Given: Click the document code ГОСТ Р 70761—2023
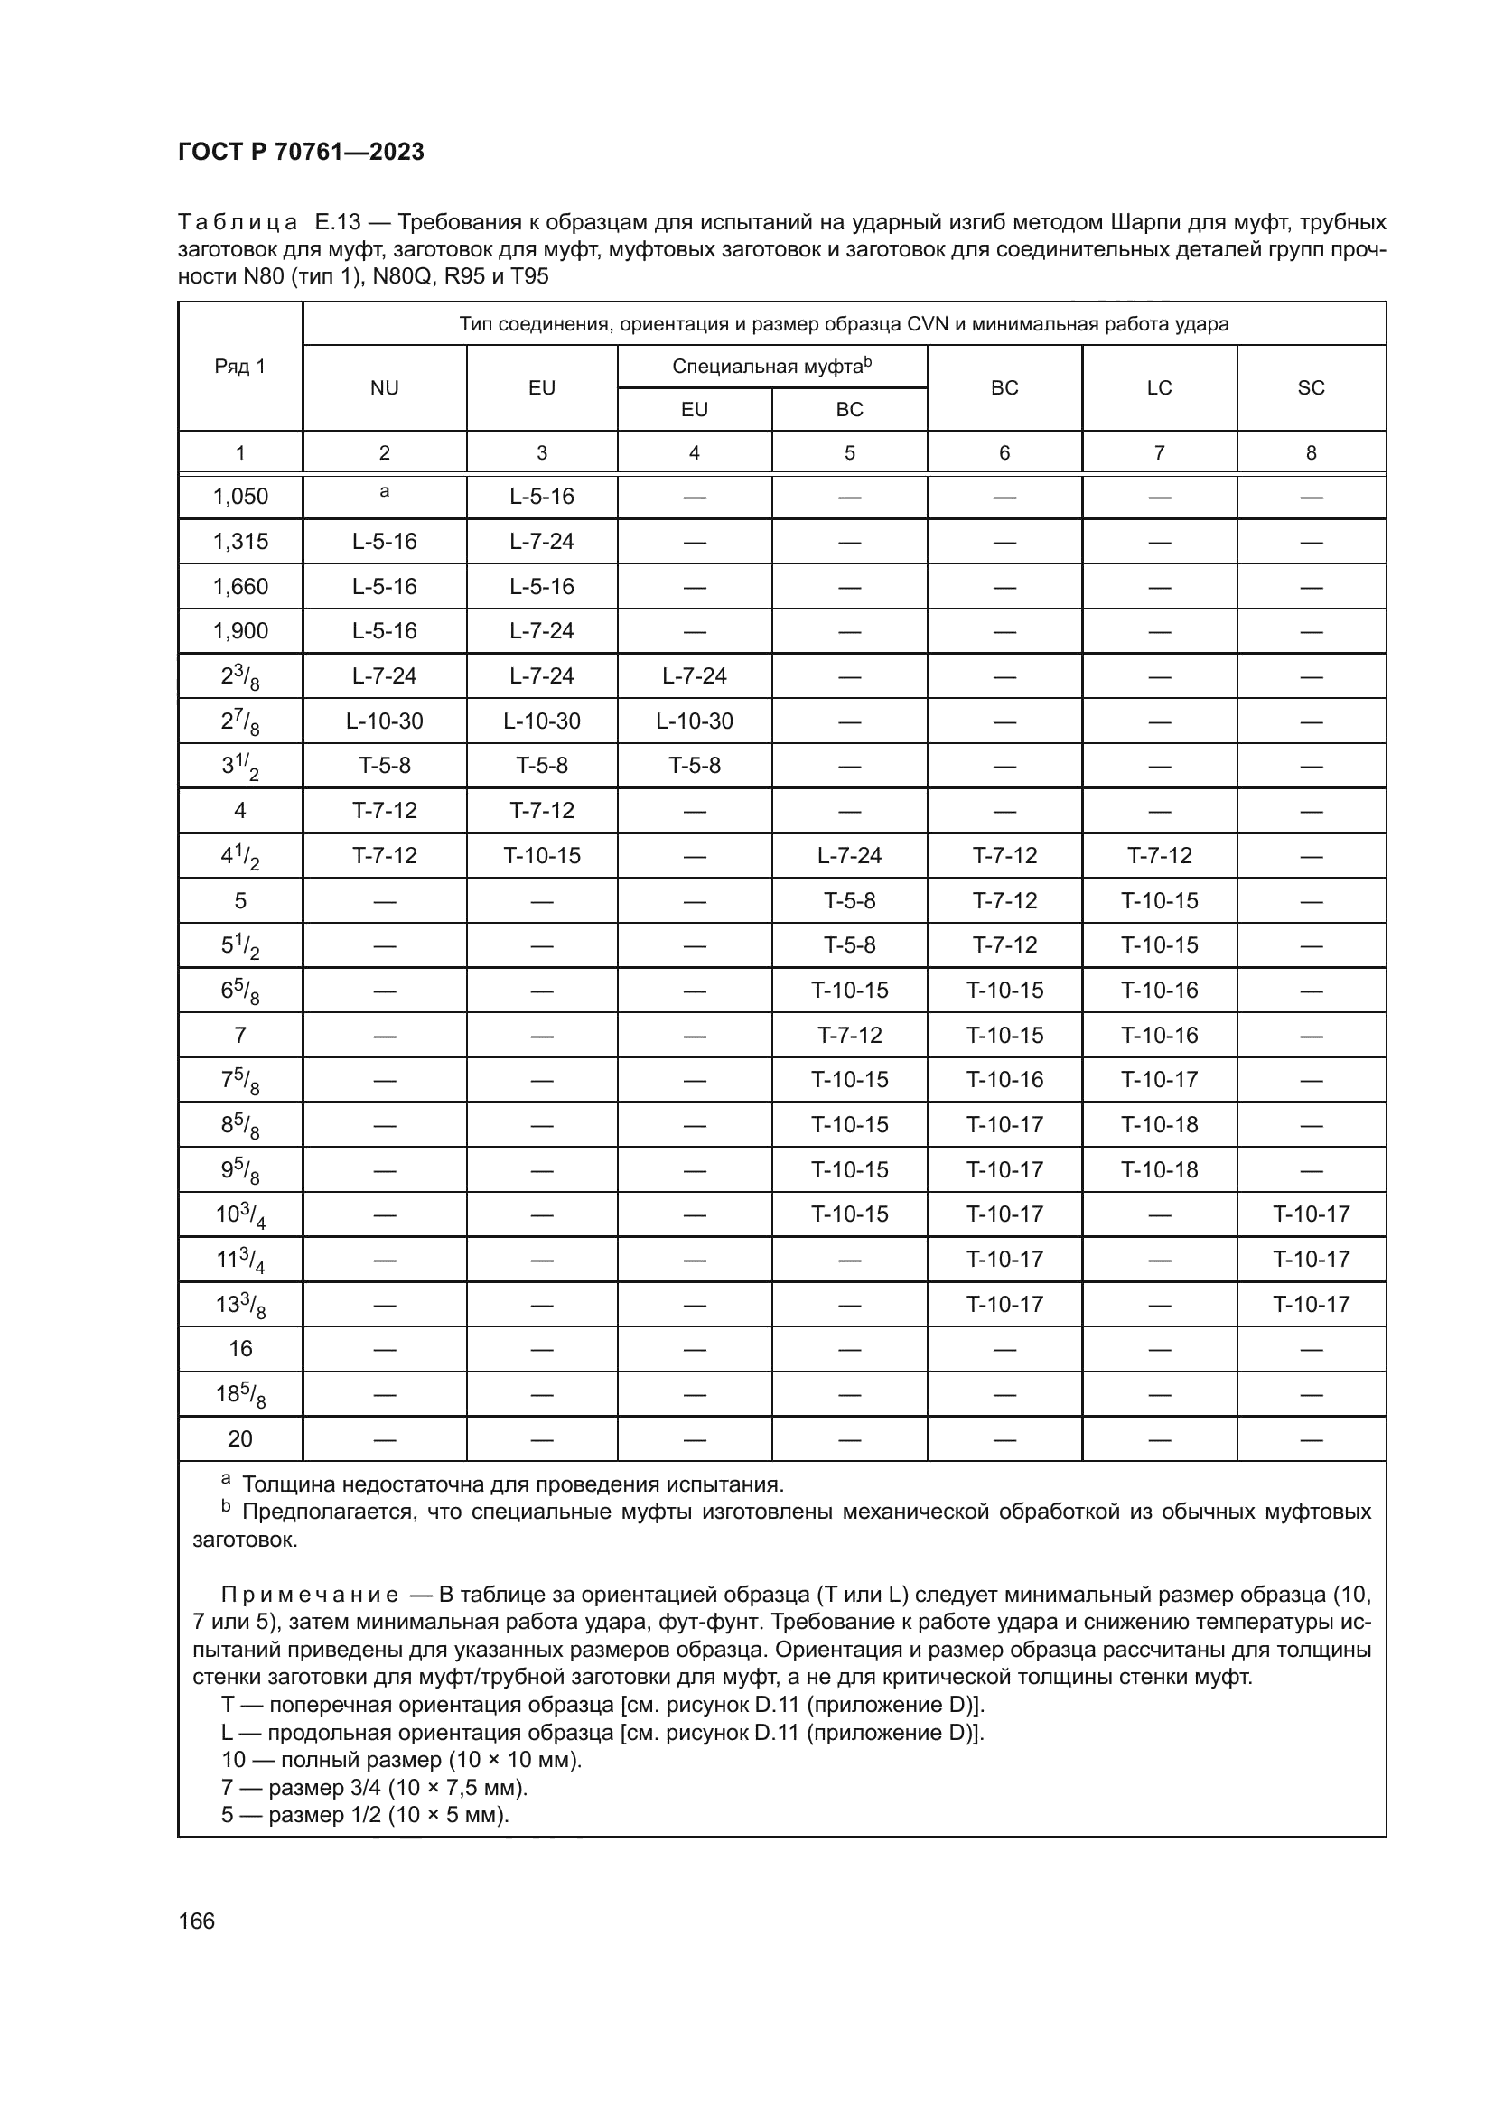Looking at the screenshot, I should coord(301,152).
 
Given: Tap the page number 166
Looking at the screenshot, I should coord(196,1921).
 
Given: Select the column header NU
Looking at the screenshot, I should coord(385,388).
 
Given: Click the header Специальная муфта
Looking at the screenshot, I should coord(770,366).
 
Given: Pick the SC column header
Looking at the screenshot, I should coord(1310,388).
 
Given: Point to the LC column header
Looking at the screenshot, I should coord(1158,388).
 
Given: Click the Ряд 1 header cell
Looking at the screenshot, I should coord(240,366).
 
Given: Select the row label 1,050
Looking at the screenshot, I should coord(240,497).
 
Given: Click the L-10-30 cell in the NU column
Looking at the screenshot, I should coord(385,721).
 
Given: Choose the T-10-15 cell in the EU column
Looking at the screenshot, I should coord(542,855).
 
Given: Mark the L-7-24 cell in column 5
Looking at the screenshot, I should coord(849,855).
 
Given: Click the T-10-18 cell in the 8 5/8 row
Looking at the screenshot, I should coord(1158,1124).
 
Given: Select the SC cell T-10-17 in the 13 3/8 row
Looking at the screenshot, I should coord(1310,1304).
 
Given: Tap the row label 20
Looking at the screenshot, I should coord(240,1438).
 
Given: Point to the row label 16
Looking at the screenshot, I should coord(240,1348).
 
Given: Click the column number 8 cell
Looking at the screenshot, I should coord(1310,452).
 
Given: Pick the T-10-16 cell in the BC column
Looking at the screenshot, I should coord(1004,1079).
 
